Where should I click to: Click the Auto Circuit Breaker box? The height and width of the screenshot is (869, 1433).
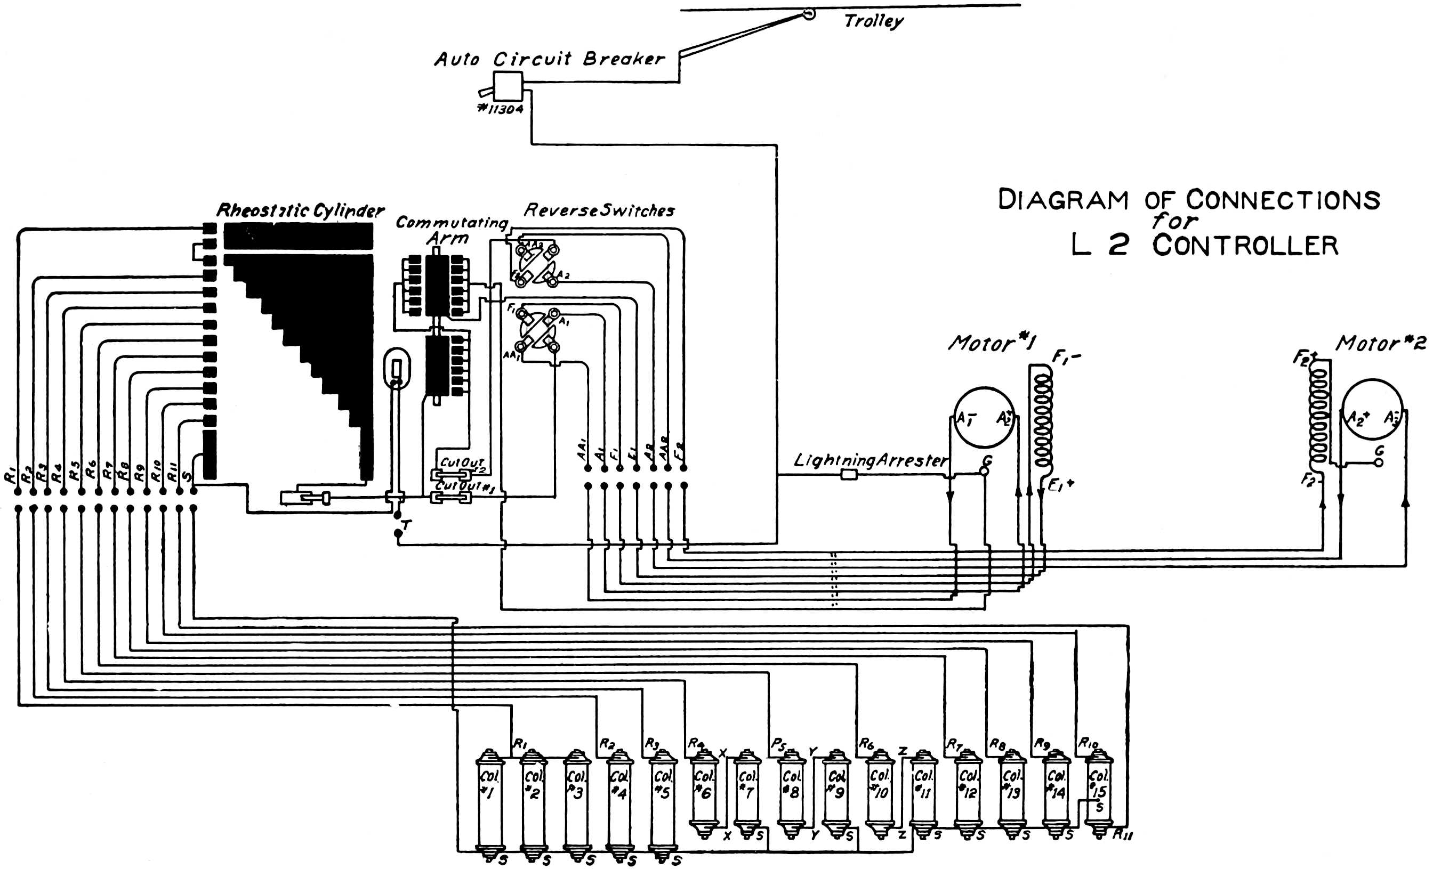508,86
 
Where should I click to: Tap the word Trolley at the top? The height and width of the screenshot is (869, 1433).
874,21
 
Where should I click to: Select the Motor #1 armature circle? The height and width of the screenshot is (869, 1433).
984,417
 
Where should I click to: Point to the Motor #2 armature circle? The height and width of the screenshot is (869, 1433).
1372,410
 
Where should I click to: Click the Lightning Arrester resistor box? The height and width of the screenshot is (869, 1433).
849,475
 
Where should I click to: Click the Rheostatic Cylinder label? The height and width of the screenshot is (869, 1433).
300,211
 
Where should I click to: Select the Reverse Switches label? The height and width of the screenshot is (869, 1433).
599,210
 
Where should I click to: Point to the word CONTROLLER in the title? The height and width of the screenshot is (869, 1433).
1245,245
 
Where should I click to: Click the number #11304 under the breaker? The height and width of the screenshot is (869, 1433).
500,109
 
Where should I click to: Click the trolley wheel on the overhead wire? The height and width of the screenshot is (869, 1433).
808,13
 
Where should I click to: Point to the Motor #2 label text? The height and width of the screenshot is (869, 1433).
1380,343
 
